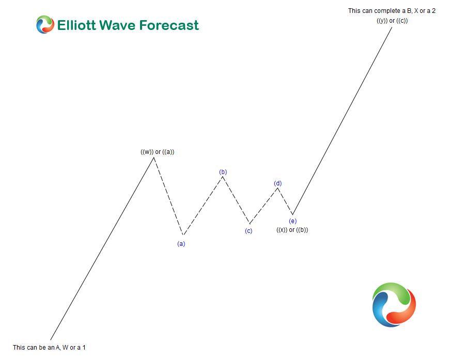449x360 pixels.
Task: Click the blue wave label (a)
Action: (x=181, y=244)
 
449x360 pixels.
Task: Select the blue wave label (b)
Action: (x=223, y=172)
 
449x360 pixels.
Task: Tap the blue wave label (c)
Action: (x=249, y=231)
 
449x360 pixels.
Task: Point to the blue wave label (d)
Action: (x=278, y=183)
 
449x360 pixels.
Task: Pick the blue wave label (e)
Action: (x=292, y=221)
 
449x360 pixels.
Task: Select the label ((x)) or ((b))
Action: (x=292, y=230)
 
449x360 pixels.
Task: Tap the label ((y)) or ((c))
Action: (x=392, y=20)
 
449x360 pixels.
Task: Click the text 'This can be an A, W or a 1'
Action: (x=49, y=348)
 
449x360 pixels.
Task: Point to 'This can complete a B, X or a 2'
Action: (x=392, y=10)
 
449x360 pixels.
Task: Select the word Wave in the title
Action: (x=126, y=25)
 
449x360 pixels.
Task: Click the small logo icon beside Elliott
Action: (x=45, y=25)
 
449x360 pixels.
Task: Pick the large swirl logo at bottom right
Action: (x=394, y=305)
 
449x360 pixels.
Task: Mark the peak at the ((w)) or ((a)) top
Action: (x=153, y=157)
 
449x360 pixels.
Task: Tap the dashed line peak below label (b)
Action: (x=223, y=177)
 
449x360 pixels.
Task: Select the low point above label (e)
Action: (x=292, y=215)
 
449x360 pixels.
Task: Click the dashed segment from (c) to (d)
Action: (x=264, y=205)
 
